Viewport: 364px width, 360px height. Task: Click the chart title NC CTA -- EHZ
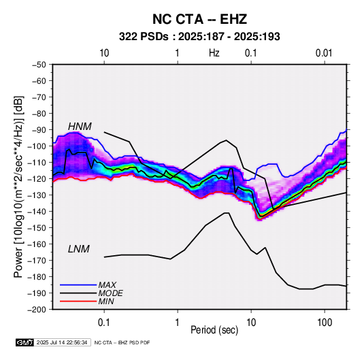point(199,19)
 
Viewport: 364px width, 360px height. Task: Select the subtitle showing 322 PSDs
point(199,37)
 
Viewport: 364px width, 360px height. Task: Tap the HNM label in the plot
point(80,127)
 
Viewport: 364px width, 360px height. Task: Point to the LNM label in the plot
point(79,249)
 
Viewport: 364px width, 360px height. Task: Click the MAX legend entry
point(107,284)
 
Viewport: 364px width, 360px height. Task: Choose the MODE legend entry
point(110,293)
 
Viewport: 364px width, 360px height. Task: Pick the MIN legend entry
point(106,301)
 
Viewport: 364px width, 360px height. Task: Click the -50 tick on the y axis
point(39,65)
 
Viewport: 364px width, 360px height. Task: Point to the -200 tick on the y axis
point(37,310)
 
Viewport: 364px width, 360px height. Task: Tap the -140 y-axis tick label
point(37,212)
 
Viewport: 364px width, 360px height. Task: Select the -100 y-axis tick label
point(37,146)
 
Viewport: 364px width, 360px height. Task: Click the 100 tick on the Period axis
point(325,323)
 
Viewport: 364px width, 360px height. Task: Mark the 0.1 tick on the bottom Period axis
point(104,323)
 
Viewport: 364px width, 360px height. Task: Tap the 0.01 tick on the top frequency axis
point(324,53)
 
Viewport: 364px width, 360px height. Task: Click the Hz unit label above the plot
point(214,53)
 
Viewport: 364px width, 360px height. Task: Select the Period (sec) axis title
point(214,330)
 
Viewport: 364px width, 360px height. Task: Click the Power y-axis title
point(18,186)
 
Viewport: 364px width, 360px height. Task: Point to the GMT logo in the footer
point(24,342)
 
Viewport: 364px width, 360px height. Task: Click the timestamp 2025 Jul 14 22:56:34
point(62,342)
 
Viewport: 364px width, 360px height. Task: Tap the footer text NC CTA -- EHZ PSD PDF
point(122,342)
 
